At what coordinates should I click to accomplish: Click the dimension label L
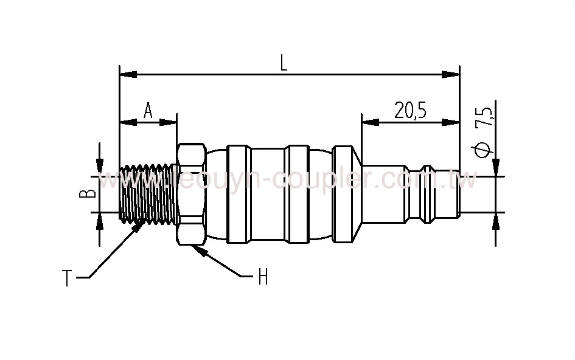[x=284, y=63]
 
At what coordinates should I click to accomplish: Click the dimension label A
[x=148, y=110]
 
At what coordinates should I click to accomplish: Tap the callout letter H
[x=263, y=278]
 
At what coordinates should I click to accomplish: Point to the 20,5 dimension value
[x=410, y=110]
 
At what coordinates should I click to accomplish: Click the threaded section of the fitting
[x=148, y=194]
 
